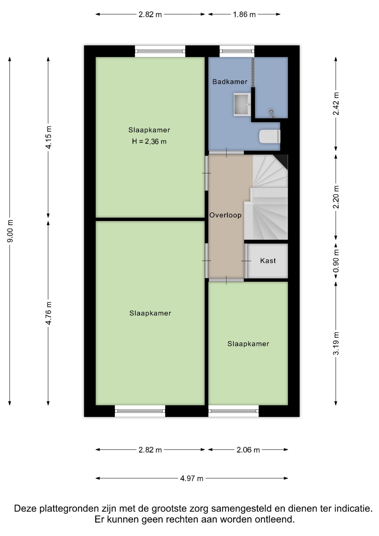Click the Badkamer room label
tap(230, 82)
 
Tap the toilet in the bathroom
tap(270, 136)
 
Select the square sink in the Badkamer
tap(242, 104)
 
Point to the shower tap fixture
tap(272, 113)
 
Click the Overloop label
tap(226, 215)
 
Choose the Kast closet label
tap(268, 261)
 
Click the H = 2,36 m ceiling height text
tap(149, 142)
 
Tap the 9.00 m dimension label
tap(10, 231)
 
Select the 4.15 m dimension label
tap(49, 137)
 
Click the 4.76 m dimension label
tap(49, 313)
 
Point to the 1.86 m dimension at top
tap(244, 15)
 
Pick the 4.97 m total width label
tap(192, 478)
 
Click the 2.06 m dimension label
tap(248, 450)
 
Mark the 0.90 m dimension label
tap(336, 261)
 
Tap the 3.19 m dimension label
tap(336, 343)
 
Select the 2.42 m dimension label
tap(336, 104)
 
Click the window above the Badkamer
tap(237, 51)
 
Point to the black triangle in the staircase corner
tap(282, 161)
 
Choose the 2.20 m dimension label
tap(336, 197)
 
